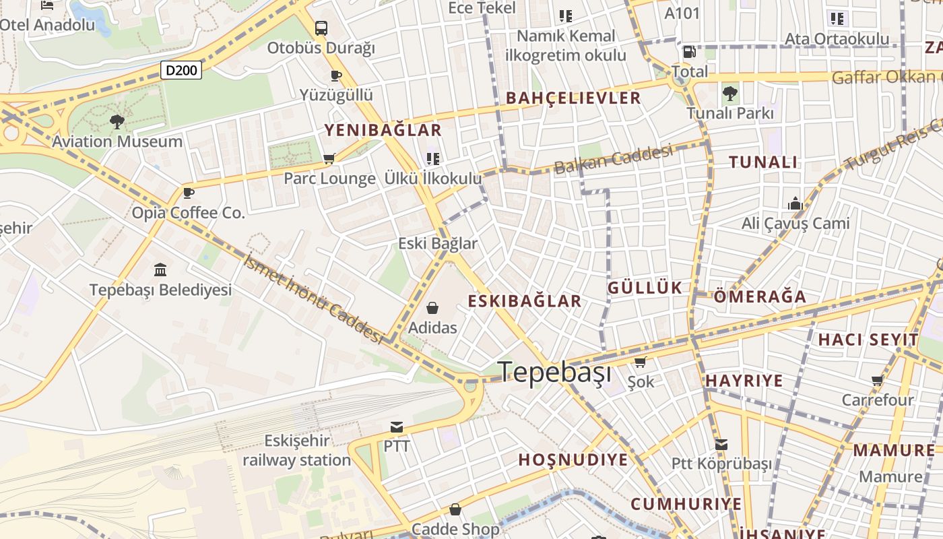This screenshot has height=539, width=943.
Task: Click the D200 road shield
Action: (181, 69)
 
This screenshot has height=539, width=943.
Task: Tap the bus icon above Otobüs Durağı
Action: (321, 28)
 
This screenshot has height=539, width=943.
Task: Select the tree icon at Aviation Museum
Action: (117, 122)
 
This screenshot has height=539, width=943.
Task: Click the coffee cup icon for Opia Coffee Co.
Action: (189, 193)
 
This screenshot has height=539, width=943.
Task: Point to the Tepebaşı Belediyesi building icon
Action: (160, 270)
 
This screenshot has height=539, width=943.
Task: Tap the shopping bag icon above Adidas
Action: (432, 308)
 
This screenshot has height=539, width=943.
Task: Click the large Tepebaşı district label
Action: (554, 372)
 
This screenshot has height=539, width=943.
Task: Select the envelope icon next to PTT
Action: (397, 427)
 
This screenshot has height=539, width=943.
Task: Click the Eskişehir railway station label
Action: (296, 451)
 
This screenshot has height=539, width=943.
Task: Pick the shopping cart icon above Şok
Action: (641, 362)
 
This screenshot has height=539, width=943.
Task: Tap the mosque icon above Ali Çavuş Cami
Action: (795, 203)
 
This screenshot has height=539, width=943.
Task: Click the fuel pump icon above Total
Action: (689, 52)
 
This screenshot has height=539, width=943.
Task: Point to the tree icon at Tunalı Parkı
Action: (729, 94)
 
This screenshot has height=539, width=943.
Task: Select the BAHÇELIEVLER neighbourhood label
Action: (573, 98)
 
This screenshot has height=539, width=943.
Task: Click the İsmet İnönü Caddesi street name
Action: (314, 299)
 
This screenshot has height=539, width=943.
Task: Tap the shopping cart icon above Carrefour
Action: (878, 381)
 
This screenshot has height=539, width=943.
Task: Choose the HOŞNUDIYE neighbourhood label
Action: (573, 460)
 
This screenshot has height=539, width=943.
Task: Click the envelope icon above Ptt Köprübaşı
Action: (721, 445)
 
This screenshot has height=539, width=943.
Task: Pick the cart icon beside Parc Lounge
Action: (329, 159)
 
